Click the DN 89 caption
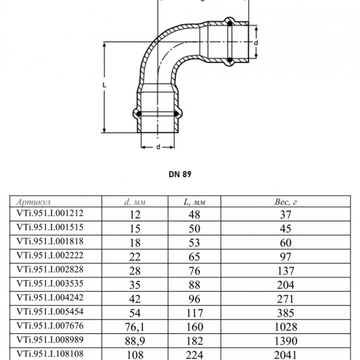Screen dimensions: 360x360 tap(180, 174)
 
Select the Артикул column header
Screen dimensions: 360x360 tap(34, 202)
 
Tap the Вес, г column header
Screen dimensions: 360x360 tap(286, 202)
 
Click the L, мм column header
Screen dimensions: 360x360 tap(194, 202)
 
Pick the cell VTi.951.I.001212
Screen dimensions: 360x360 tap(50, 213)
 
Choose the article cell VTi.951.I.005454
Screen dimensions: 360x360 tap(50, 312)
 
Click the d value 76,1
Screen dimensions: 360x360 tap(135, 327)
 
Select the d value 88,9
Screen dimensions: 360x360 tap(135, 341)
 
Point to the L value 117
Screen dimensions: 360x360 tap(194, 313)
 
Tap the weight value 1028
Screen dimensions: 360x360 tap(286, 327)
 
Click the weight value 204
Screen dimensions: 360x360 tap(286, 285)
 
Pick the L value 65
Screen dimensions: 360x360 tap(194, 257)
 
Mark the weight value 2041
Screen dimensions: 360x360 tap(286, 355)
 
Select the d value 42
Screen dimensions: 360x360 tap(135, 299)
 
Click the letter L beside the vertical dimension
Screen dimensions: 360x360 tap(105, 85)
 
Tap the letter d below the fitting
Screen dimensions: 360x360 tap(158, 147)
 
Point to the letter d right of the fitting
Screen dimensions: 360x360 tap(256, 43)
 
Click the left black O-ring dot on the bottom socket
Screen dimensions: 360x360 tap(139, 114)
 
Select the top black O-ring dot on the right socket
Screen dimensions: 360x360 tap(229, 24)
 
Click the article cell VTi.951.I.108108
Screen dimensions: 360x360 tap(50, 354)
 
